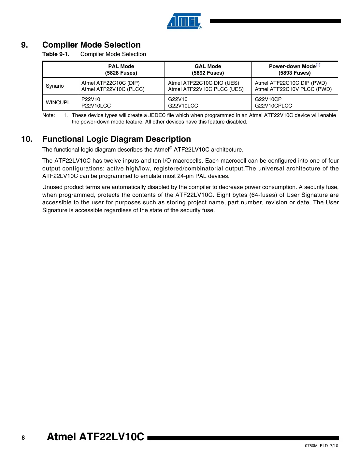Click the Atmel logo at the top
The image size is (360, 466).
[x=184, y=21]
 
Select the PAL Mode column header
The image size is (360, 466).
[x=121, y=69]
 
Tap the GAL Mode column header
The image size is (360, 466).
[x=208, y=69]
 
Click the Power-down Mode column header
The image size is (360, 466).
[x=294, y=69]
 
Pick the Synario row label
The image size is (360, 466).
[x=55, y=86]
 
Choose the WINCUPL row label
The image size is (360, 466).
[x=58, y=102]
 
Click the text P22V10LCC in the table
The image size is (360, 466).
[x=96, y=106]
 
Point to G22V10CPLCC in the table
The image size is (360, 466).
[x=273, y=106]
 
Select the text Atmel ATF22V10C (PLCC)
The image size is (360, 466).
[x=113, y=89]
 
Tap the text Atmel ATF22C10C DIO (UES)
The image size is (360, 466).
[x=204, y=83]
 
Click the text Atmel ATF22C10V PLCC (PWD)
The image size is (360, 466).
[x=293, y=89]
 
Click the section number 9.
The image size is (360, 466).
[x=24, y=45]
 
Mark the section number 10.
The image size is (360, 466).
[x=27, y=139]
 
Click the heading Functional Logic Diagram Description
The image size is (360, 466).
[x=117, y=139]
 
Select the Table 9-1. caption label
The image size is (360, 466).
[x=56, y=54]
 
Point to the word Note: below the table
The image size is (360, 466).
[x=49, y=115]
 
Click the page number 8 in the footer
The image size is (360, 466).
[x=23, y=438]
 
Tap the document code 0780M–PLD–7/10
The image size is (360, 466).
[x=321, y=446]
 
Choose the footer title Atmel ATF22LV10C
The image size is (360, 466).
[x=95, y=437]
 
